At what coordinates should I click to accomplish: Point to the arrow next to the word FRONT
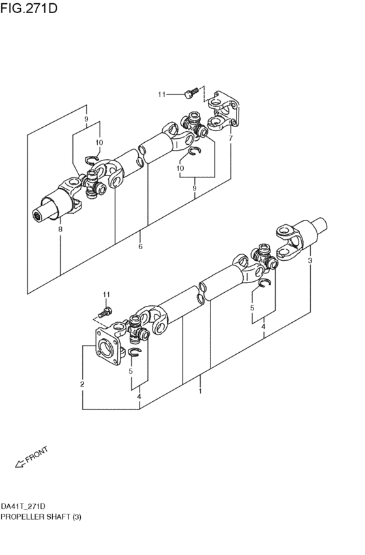[20, 464]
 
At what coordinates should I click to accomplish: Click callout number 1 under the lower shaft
[200, 391]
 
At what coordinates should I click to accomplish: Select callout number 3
[310, 261]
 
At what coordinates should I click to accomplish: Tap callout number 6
[140, 247]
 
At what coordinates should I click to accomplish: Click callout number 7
[230, 138]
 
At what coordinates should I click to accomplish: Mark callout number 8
[60, 230]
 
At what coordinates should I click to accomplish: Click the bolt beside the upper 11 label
[190, 95]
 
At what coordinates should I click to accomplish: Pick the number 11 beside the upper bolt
[162, 95]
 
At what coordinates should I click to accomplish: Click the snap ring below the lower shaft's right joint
[264, 283]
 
